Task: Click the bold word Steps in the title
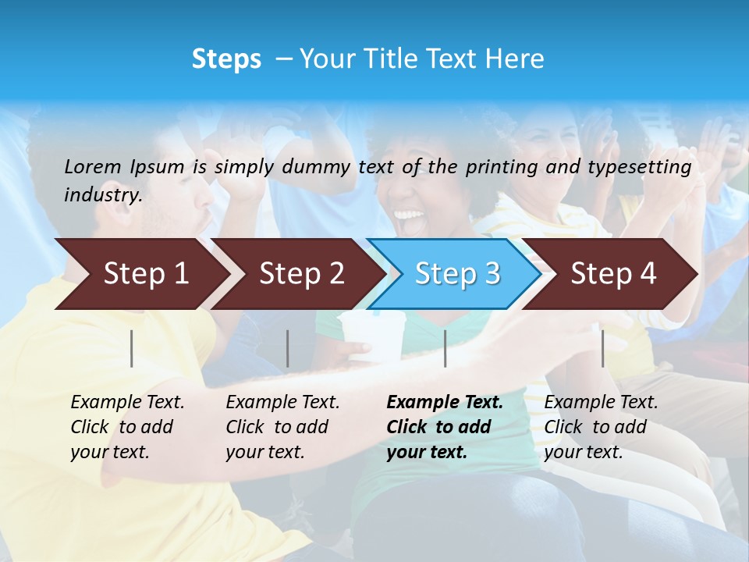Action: point(226,59)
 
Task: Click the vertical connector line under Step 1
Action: point(132,348)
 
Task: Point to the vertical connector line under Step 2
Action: point(288,348)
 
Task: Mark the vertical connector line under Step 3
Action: point(445,348)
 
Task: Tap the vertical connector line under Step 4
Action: point(602,348)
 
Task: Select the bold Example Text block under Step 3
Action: point(444,427)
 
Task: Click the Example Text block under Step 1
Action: point(127,427)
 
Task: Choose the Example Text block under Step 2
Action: point(282,427)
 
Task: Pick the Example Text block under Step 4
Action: point(601,427)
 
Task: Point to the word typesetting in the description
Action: point(639,167)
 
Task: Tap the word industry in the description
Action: point(102,195)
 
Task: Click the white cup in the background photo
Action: point(373,336)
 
